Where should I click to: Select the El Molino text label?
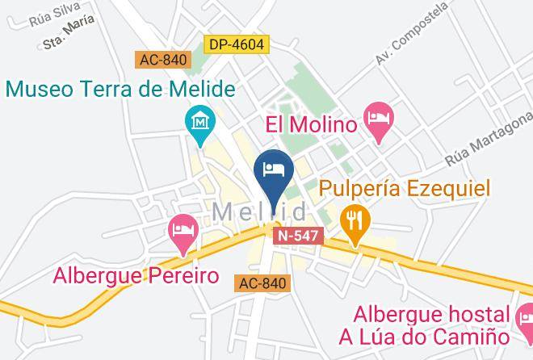(311, 125)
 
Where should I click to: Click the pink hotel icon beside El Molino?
(378, 118)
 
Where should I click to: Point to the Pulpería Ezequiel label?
(405, 189)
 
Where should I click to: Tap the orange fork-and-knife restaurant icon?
(354, 219)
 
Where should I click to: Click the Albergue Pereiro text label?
(136, 276)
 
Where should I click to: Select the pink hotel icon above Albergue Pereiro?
(184, 231)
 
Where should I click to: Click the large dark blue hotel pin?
(273, 170)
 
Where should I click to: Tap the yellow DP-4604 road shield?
(236, 45)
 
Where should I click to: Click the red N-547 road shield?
(299, 236)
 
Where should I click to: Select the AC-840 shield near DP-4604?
(162, 61)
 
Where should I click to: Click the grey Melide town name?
(259, 212)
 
